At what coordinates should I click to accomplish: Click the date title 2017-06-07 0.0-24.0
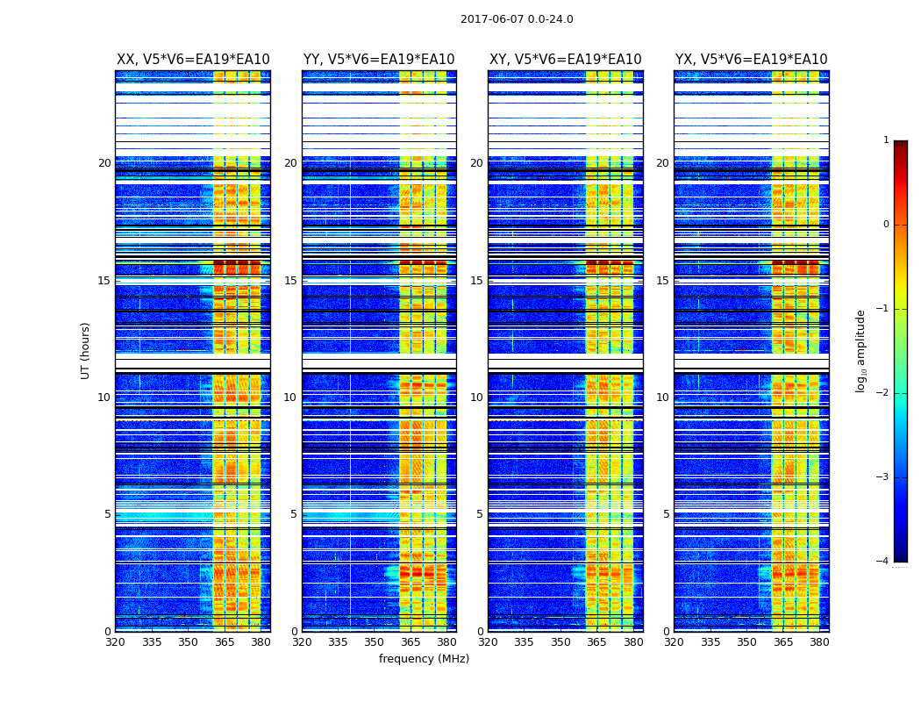click(x=517, y=19)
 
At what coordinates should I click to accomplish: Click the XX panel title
click(x=193, y=60)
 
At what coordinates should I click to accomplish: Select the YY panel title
click(x=379, y=60)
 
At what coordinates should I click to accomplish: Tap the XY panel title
click(x=565, y=60)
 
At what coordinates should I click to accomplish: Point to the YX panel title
click(x=751, y=60)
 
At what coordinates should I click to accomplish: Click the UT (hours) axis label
click(x=85, y=350)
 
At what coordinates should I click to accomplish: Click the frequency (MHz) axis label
click(x=424, y=659)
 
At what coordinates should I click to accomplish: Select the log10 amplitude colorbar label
click(x=860, y=350)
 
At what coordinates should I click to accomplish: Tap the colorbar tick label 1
click(x=886, y=140)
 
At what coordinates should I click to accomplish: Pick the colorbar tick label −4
click(x=883, y=562)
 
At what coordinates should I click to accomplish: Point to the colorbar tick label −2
click(x=883, y=393)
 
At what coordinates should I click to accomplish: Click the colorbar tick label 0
click(x=886, y=225)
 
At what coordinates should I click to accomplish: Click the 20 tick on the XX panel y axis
click(x=104, y=163)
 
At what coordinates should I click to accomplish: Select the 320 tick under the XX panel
click(x=115, y=641)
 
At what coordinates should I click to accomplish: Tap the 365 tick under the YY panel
click(x=411, y=641)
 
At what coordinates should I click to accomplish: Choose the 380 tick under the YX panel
click(x=819, y=641)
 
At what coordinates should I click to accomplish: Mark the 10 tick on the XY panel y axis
click(x=476, y=398)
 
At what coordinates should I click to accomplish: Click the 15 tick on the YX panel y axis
click(x=662, y=281)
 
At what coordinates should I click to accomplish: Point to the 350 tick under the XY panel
click(x=560, y=641)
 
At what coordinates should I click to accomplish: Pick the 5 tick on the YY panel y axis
click(x=294, y=514)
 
